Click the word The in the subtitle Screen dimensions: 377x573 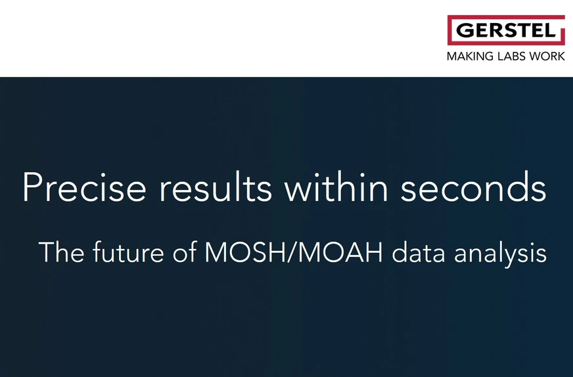(x=61, y=252)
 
